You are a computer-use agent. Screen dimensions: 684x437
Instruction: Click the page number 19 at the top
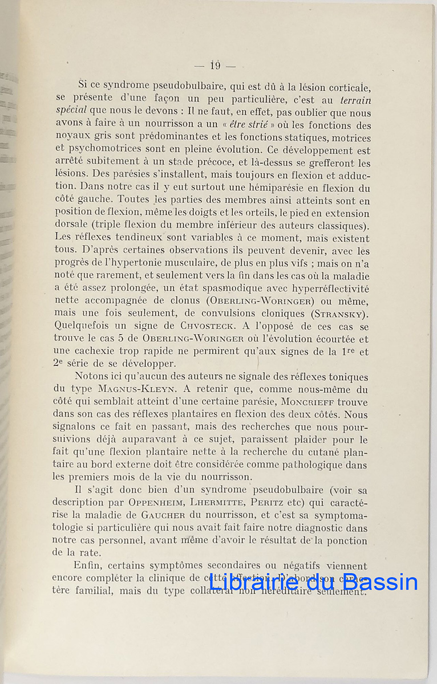click(215, 66)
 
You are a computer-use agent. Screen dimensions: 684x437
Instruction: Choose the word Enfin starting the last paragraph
click(89, 566)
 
